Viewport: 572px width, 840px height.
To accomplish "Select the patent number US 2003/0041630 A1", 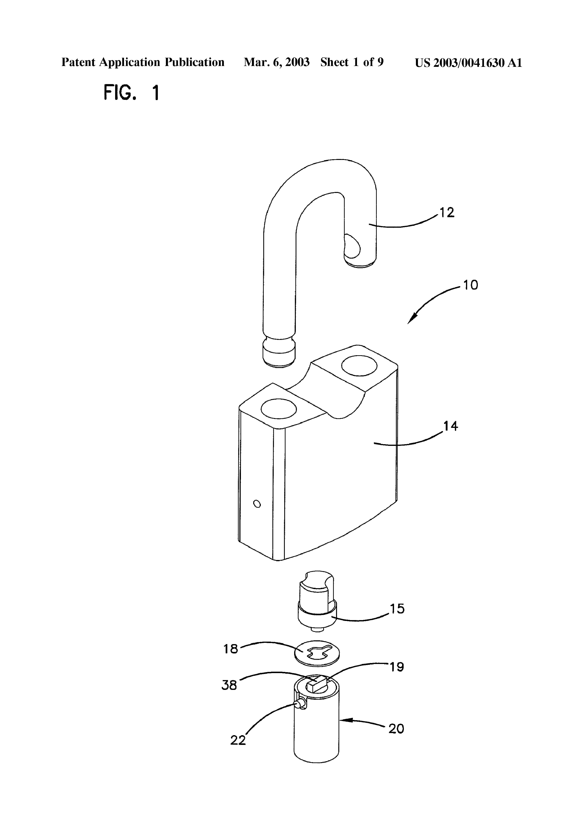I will [x=468, y=63].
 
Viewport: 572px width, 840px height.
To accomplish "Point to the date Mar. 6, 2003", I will [x=277, y=63].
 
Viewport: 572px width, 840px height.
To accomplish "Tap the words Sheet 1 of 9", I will [x=352, y=63].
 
